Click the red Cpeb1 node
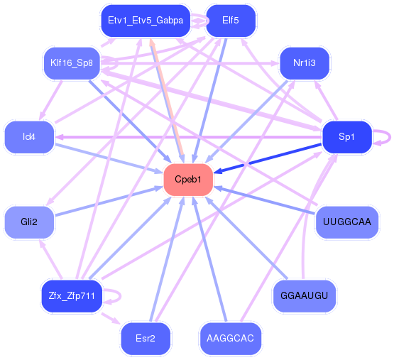pyautogui.click(x=188, y=180)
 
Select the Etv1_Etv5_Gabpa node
pyautogui.click(x=146, y=21)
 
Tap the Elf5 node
pyautogui.click(x=231, y=21)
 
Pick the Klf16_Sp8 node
pyautogui.click(x=72, y=63)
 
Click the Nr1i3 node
pyautogui.click(x=305, y=63)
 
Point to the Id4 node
pyautogui.click(x=29, y=137)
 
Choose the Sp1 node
pyautogui.click(x=346, y=137)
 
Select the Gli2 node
pyautogui.click(x=29, y=222)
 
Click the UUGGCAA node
pyautogui.click(x=346, y=222)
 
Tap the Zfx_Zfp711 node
pyautogui.click(x=72, y=295)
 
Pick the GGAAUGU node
pyautogui.click(x=305, y=295)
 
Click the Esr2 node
pyautogui.click(x=146, y=339)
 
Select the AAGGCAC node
pyautogui.click(x=231, y=339)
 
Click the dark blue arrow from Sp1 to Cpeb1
pyautogui.click(x=268, y=158)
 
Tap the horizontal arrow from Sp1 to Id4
pyautogui.click(x=188, y=137)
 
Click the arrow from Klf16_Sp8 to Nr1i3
pyautogui.click(x=190, y=63)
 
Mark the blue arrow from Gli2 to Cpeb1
pyautogui.click(x=109, y=201)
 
